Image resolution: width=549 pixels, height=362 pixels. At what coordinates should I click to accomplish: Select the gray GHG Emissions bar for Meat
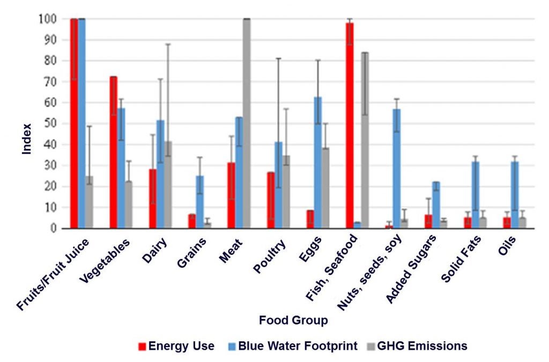247,123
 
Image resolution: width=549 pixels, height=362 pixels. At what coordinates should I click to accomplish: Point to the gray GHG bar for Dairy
168,185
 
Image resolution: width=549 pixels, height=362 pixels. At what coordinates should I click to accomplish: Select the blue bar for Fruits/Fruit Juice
81,123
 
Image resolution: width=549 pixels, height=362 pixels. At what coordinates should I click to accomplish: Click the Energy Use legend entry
176,346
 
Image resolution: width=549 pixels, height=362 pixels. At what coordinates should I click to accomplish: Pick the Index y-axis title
26,139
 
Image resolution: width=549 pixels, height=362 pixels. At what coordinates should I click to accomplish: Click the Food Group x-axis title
293,321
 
